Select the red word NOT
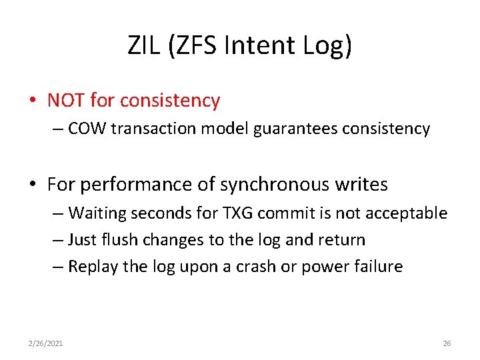click(66, 101)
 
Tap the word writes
click(364, 185)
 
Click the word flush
click(124, 240)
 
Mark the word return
click(343, 240)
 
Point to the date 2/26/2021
click(46, 343)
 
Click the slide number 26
click(447, 343)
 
